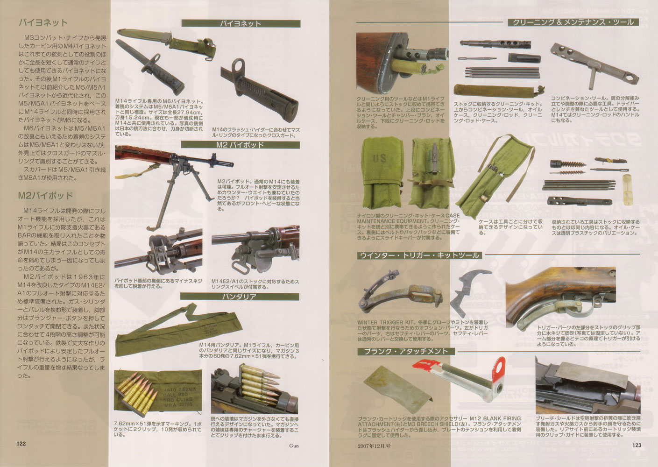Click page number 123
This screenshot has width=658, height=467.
pyautogui.click(x=636, y=444)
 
